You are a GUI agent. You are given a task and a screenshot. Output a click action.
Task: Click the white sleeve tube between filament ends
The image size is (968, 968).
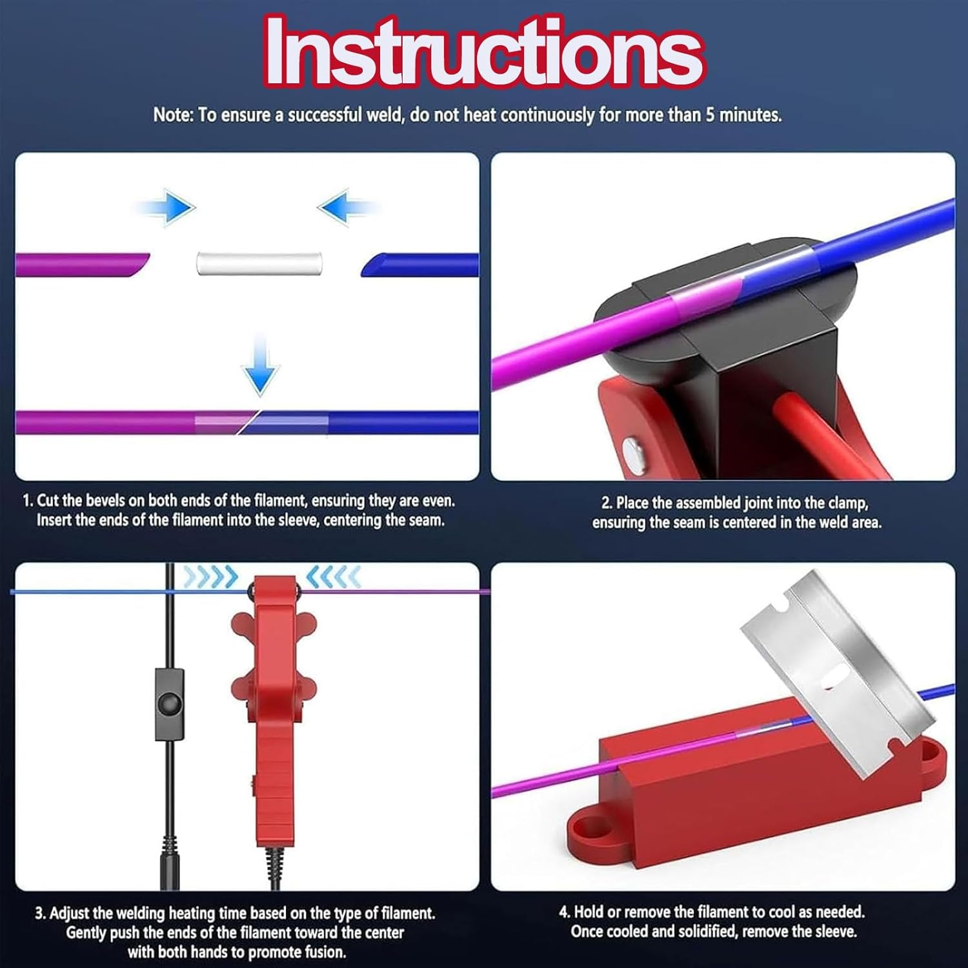tap(259, 263)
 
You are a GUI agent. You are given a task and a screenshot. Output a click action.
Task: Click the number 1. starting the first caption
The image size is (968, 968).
tap(28, 501)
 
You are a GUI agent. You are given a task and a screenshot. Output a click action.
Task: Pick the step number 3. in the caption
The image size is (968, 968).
tap(40, 914)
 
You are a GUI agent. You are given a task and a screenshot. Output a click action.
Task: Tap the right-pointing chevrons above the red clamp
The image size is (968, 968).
tap(210, 577)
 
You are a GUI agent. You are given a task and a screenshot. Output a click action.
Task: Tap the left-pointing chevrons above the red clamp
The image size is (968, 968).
tap(333, 577)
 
